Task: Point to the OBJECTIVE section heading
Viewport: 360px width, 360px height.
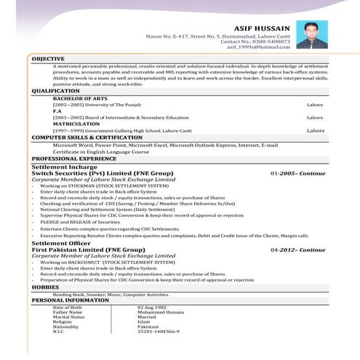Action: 48,58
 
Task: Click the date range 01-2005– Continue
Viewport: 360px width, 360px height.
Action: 298,174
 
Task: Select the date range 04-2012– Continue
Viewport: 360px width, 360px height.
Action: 298,249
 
